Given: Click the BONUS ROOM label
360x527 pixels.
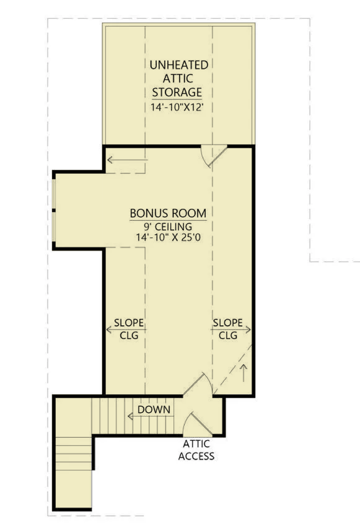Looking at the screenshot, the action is (168, 214).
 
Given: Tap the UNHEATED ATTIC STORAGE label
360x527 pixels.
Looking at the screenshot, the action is (178, 78).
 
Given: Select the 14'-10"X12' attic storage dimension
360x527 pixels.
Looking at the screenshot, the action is (177, 107).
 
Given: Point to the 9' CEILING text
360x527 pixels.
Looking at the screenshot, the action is (168, 226).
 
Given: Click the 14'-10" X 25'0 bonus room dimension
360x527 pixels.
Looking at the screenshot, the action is (168, 237).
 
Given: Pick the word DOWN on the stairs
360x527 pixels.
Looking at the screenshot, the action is (154, 409).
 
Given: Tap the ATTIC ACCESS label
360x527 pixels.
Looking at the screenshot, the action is (196, 450).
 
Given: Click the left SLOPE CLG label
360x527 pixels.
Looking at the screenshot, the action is (129, 329).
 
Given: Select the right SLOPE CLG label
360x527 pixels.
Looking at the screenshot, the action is (228, 329).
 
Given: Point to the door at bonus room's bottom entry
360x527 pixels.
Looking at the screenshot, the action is (198, 384).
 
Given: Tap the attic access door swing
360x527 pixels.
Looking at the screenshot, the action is (197, 424).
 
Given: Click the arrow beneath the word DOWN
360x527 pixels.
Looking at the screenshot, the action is (151, 416).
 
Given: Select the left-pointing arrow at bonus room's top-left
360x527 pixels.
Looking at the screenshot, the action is (127, 160).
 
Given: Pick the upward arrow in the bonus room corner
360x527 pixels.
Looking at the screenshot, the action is (244, 373).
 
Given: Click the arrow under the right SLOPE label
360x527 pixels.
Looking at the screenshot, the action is (231, 330).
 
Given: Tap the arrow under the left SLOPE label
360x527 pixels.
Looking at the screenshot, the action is (126, 329).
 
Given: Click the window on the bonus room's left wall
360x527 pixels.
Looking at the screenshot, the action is (53, 210).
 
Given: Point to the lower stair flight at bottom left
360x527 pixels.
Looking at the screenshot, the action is (74, 453).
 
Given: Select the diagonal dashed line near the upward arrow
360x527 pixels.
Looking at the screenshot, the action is (232, 369).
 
